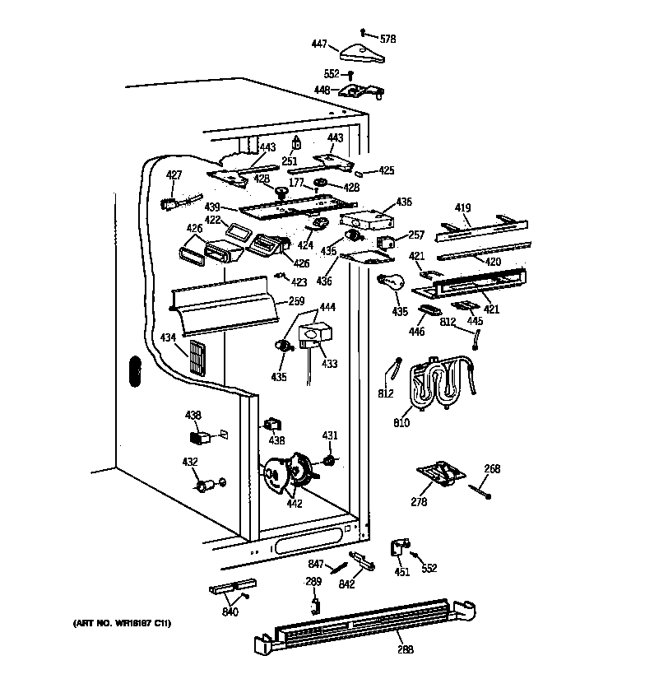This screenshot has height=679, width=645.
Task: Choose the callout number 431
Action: point(329,435)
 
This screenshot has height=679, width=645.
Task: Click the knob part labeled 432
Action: point(204,485)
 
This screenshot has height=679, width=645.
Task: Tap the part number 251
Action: point(289,161)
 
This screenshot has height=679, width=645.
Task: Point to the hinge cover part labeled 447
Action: point(362,53)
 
